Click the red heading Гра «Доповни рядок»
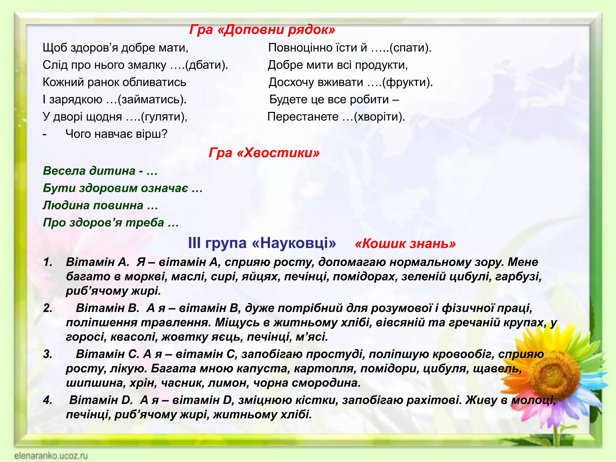pos(262,29)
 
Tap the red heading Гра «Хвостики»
pos(264,153)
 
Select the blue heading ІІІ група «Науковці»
pos(262,243)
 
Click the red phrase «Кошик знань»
pos(405,244)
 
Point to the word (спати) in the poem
pos(410,48)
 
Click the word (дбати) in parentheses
pos(207,65)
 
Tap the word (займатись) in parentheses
pos(152,100)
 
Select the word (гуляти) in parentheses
pos(164,117)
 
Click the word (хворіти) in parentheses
pos(379,117)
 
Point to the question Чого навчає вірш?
pos(116,134)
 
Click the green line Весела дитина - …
pos(100,171)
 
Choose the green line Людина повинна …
pos(100,205)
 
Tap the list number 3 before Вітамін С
pos(48,354)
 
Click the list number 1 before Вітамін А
pos(48,262)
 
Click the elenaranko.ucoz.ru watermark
pos(51,456)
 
